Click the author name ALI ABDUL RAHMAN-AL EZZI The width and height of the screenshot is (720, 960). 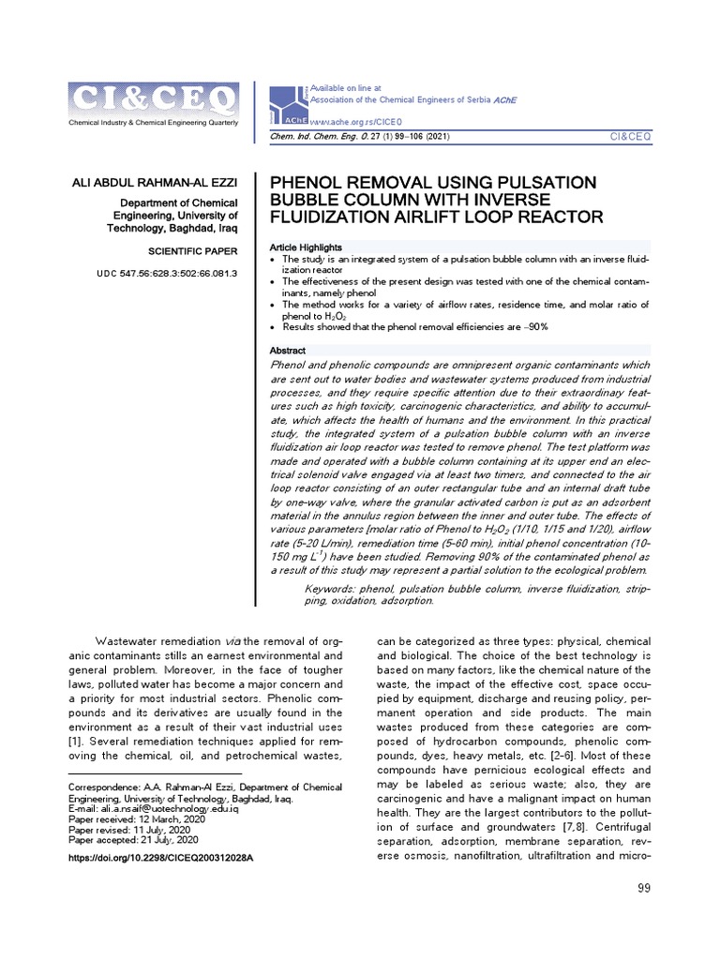[x=157, y=181]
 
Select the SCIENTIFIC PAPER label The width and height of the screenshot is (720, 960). [x=194, y=251]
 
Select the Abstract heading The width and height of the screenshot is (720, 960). [x=287, y=351]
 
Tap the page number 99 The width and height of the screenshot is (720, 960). [x=643, y=888]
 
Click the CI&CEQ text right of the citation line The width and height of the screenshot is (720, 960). [x=630, y=137]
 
